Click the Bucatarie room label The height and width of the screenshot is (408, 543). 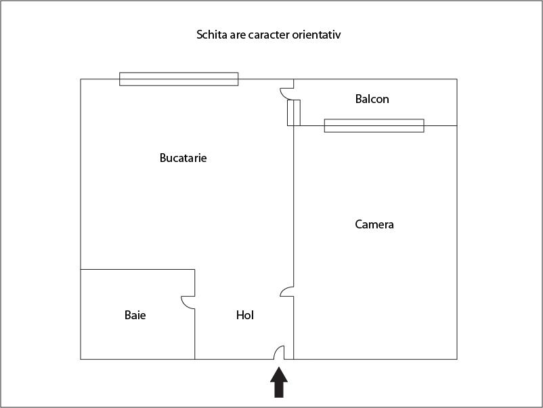[183, 158]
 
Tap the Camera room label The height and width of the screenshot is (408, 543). [374, 224]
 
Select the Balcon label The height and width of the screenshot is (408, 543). [372, 99]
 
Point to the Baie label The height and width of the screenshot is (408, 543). [135, 315]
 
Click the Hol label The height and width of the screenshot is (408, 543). [245, 315]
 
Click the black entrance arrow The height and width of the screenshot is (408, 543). [279, 383]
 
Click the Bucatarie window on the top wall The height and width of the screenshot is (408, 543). [179, 79]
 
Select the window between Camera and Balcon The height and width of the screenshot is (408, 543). [374, 125]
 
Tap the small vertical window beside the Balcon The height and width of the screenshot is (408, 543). [294, 113]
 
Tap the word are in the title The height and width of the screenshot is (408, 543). [238, 35]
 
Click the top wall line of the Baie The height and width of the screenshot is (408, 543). [137, 269]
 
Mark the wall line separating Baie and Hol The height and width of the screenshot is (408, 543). [194, 334]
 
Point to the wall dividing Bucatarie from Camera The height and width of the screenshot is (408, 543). [294, 206]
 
